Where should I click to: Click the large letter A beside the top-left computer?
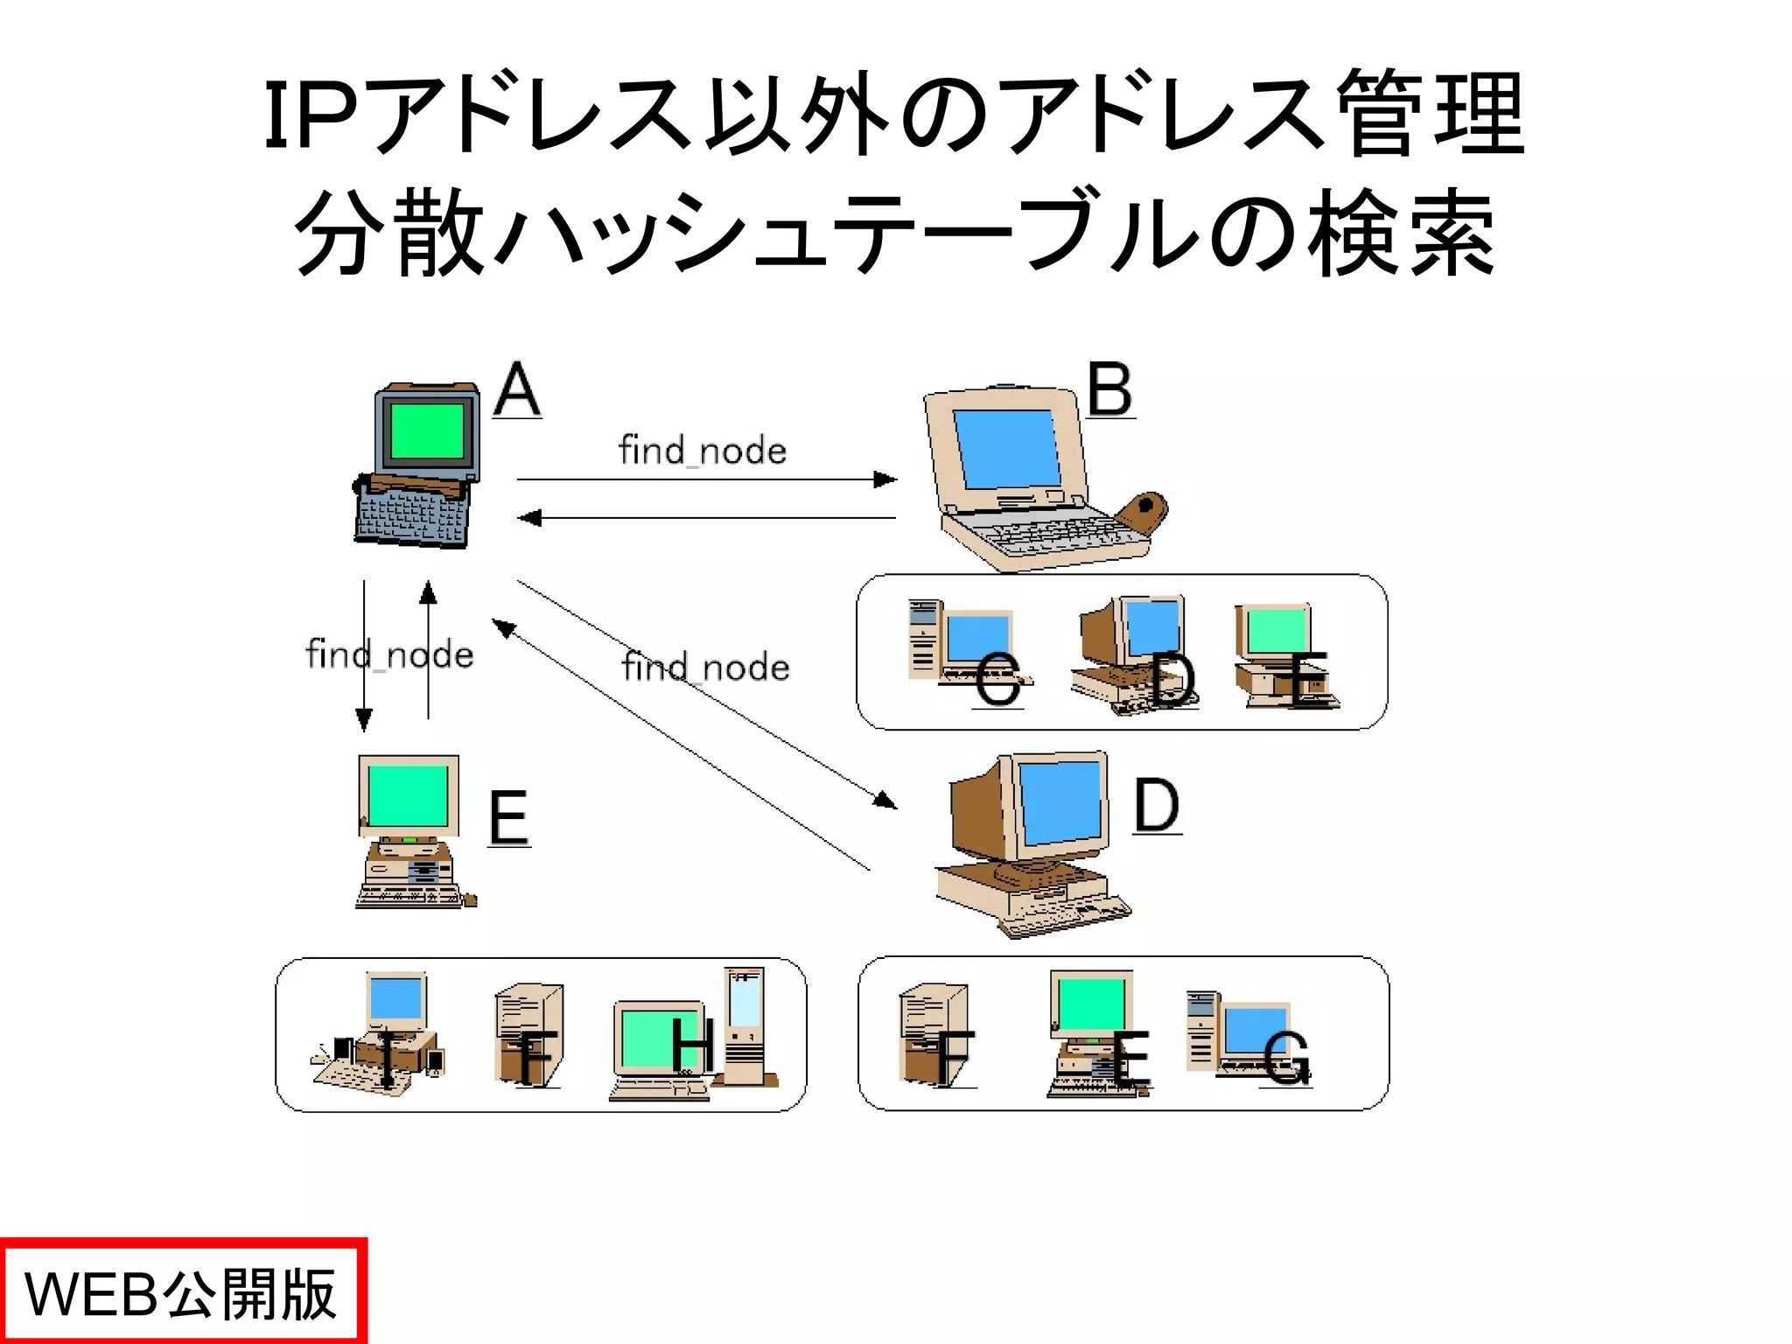pyautogui.click(x=517, y=390)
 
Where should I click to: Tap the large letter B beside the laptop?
pyautogui.click(x=1110, y=390)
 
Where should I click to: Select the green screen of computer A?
pyautogui.click(x=427, y=430)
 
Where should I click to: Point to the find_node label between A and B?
pyautogui.click(x=703, y=451)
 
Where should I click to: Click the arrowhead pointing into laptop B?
pyautogui.click(x=885, y=479)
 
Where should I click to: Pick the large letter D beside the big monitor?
pyautogui.click(x=1157, y=806)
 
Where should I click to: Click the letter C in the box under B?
pyautogui.click(x=997, y=679)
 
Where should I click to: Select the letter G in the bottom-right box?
pyautogui.click(x=1286, y=1058)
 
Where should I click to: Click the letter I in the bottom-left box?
pyautogui.click(x=386, y=1059)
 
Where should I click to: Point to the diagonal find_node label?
pyautogui.click(x=705, y=668)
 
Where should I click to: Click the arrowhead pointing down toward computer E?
pyautogui.click(x=364, y=719)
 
